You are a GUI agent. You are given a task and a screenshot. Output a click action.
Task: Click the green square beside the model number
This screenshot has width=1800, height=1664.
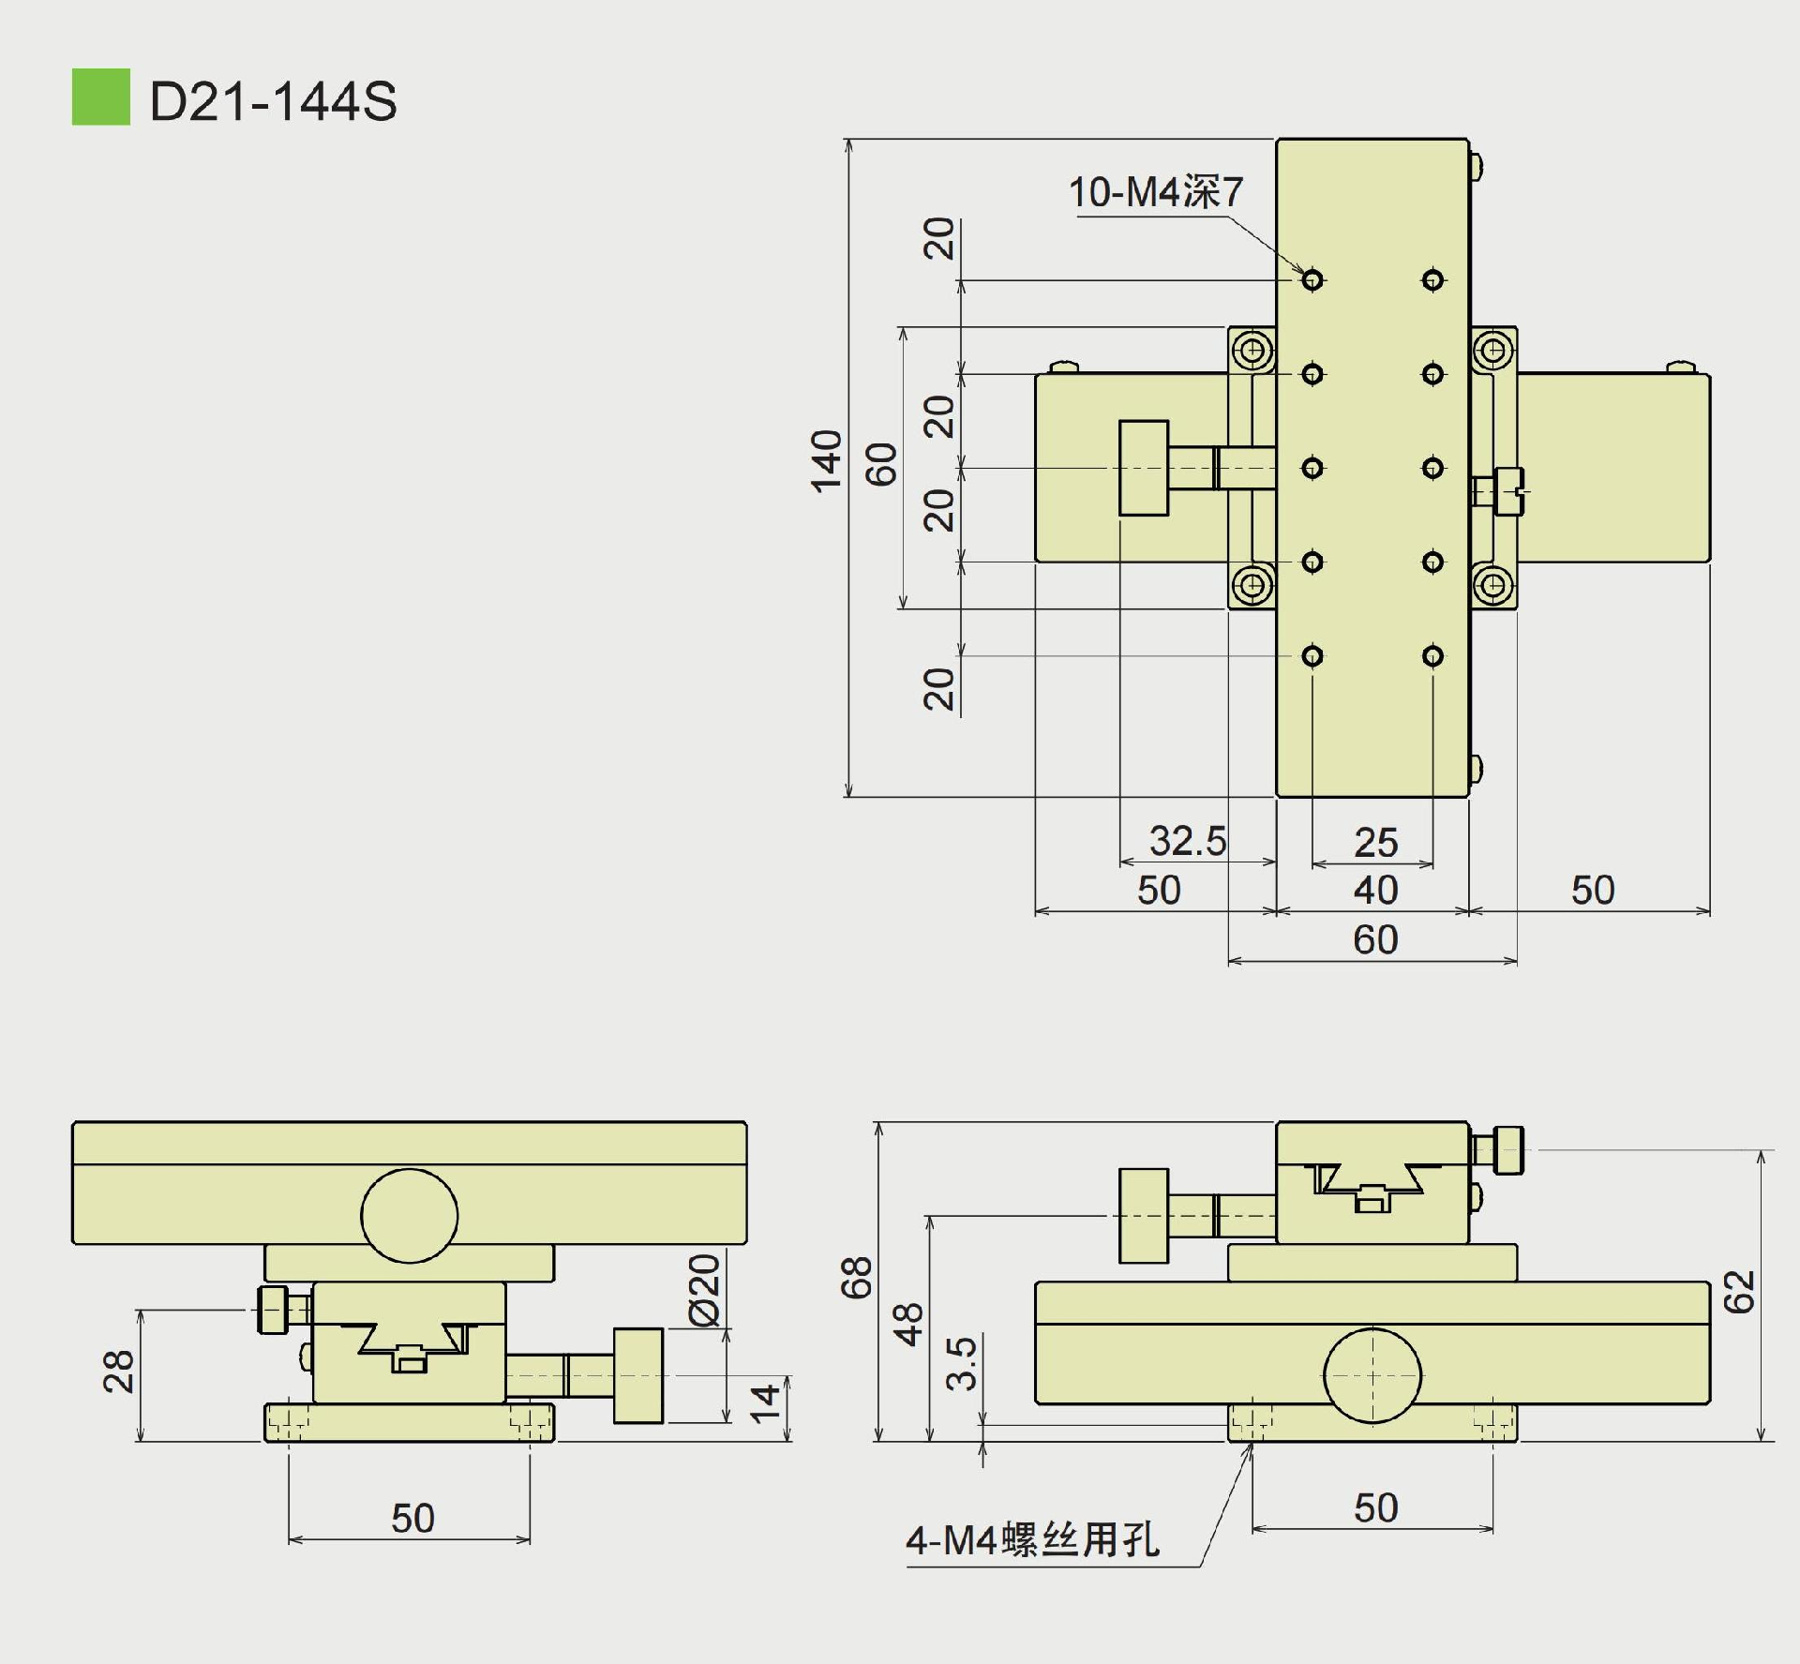click(101, 97)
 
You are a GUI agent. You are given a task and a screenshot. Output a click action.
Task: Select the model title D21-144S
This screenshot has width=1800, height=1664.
click(273, 101)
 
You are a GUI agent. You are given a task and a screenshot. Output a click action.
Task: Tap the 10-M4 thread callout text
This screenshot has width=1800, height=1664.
click(1155, 192)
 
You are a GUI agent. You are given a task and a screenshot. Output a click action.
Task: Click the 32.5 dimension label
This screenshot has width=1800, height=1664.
click(1187, 841)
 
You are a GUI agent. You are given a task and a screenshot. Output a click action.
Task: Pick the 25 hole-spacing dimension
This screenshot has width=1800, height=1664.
click(1375, 843)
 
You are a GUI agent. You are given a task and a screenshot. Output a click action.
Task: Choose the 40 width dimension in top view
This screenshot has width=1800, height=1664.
click(1375, 890)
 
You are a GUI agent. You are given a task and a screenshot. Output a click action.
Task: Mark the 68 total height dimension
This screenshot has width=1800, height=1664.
click(857, 1278)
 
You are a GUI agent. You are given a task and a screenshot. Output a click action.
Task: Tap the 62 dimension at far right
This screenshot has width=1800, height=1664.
click(1739, 1292)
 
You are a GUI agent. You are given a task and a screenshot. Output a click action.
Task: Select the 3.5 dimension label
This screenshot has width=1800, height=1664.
click(962, 1363)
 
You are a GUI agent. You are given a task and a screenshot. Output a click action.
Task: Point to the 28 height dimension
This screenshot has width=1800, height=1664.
click(119, 1372)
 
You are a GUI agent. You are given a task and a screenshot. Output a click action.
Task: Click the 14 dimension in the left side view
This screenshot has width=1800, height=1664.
click(765, 1403)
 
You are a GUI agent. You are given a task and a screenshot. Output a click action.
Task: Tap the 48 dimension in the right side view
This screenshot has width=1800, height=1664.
click(908, 1325)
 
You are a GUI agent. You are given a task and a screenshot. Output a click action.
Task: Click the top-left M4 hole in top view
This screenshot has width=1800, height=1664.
click(1312, 279)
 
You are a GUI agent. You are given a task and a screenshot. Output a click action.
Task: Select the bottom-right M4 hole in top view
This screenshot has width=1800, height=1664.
click(1432, 655)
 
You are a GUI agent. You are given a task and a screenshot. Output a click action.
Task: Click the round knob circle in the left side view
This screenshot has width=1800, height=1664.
click(410, 1216)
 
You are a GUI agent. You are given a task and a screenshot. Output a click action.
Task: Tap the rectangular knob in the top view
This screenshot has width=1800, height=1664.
click(1144, 468)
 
